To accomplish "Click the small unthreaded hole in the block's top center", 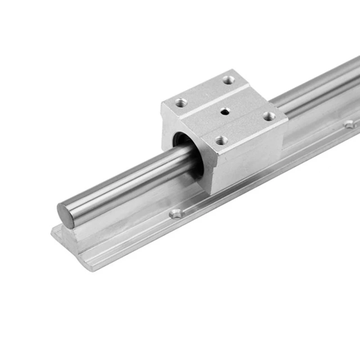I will point(224,111).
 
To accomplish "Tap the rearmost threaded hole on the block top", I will point(229,80).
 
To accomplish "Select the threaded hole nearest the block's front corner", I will point(220,141).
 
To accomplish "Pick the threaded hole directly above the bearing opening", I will point(181,102).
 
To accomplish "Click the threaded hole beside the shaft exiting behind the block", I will point(269,117).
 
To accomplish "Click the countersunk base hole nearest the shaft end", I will point(176,214).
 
